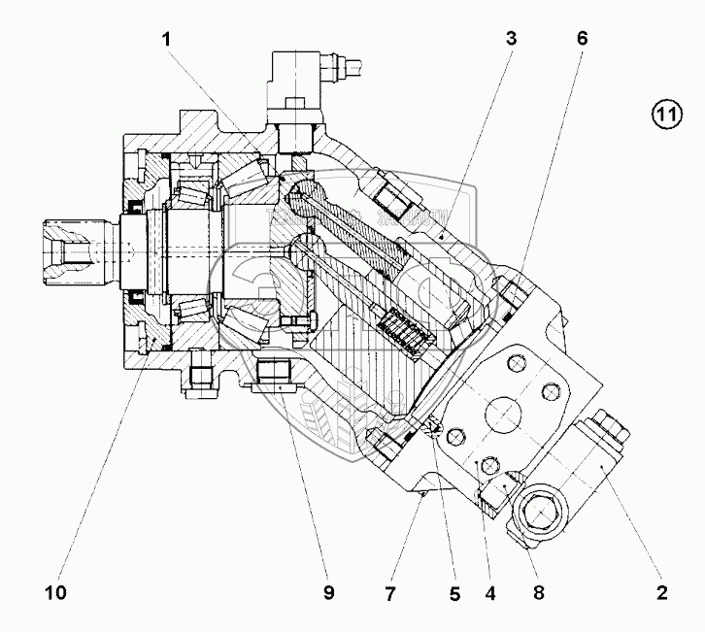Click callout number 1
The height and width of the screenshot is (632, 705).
(168, 40)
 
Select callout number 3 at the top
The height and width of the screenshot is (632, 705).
(512, 40)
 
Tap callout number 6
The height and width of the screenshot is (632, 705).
(582, 40)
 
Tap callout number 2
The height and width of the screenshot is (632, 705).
(662, 589)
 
